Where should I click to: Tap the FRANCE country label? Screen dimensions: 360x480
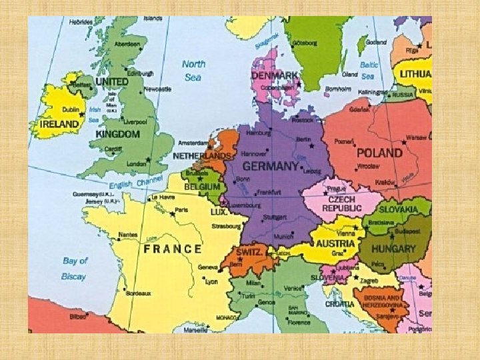(172, 249)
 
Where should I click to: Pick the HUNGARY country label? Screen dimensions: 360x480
(393, 249)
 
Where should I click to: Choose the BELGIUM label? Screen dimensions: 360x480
(202, 188)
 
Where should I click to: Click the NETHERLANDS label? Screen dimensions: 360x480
(201, 155)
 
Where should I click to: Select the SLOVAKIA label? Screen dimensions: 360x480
(398, 209)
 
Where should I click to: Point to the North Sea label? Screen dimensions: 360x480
(193, 71)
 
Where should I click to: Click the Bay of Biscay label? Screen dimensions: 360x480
(73, 268)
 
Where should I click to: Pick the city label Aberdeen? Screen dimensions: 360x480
(127, 44)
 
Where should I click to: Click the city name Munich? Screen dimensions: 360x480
(283, 237)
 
